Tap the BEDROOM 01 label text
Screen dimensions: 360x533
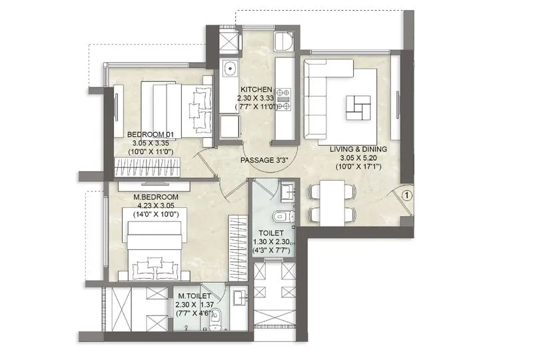(153, 134)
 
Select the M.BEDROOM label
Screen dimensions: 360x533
(156, 197)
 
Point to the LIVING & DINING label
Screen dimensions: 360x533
(361, 150)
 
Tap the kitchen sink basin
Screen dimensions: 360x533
(229, 69)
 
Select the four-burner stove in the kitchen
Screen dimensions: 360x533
(284, 99)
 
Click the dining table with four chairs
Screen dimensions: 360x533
(332, 202)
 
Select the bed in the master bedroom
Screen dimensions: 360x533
(154, 251)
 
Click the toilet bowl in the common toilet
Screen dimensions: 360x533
(282, 217)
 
